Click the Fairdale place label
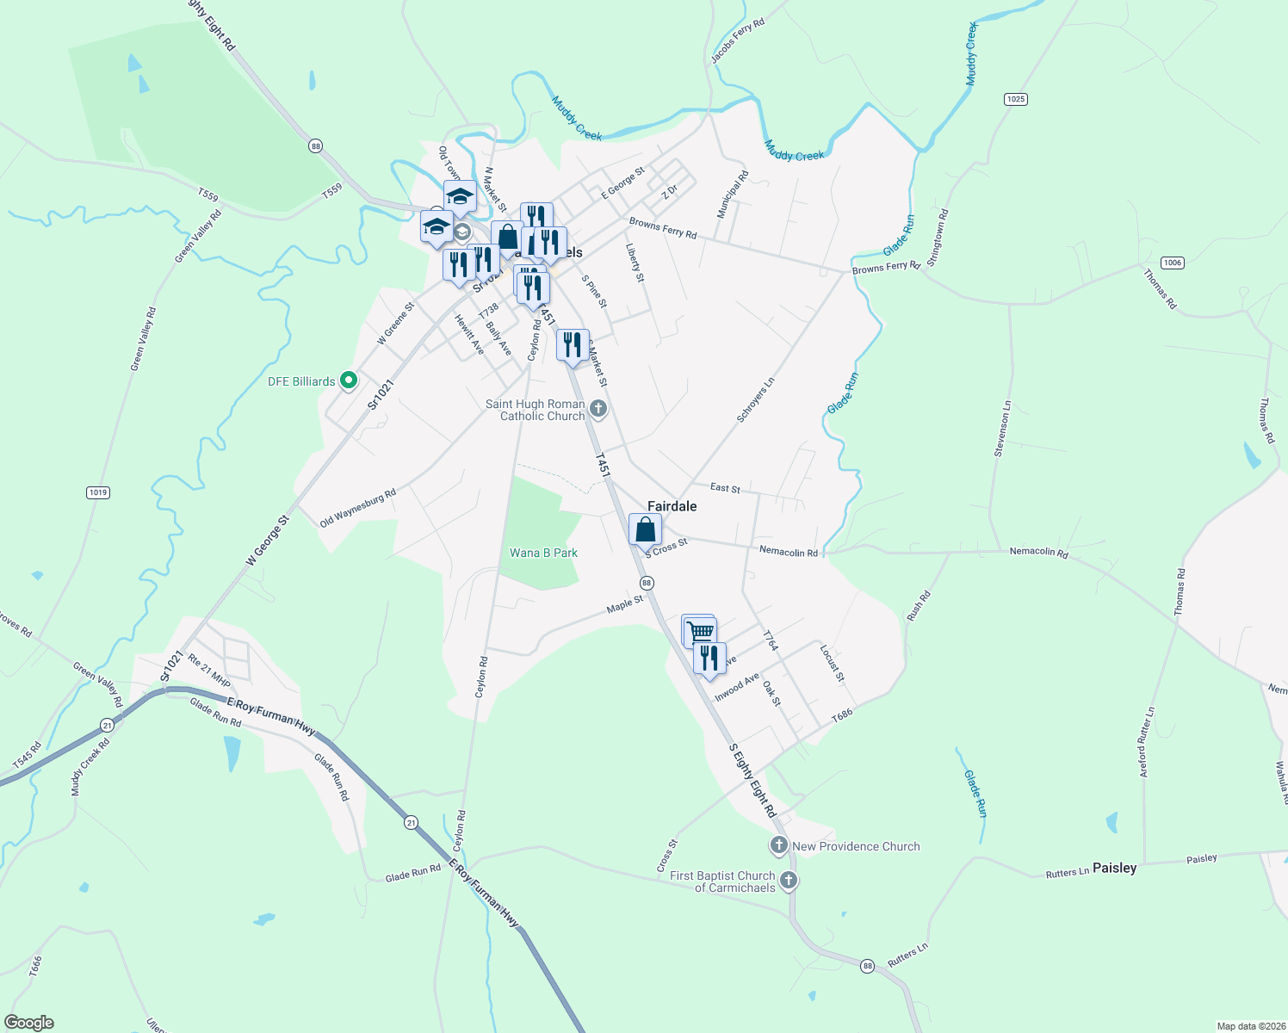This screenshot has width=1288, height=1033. coord(672,506)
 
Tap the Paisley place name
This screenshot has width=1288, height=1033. coord(1114,868)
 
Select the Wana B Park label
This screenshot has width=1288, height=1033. coord(542,553)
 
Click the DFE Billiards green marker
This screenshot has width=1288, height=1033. coord(349,380)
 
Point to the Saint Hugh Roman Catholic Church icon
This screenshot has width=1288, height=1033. coord(598,409)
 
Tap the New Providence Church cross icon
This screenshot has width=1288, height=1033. coord(779,845)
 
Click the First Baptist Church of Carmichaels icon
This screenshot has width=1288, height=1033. coord(789,881)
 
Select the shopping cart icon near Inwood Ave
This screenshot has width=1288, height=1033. coord(698,631)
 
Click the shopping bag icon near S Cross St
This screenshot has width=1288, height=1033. coord(645,530)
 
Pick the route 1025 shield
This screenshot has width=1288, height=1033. coord(1016,99)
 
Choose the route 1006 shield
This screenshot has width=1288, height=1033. coord(1172,263)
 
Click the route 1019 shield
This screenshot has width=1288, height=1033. coord(98,492)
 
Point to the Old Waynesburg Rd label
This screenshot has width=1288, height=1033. coord(357,508)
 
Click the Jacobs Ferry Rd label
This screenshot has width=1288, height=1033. coord(737,41)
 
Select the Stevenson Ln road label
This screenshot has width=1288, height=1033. coord(1003,428)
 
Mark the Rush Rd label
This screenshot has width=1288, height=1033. coord(919,606)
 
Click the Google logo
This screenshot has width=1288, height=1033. coord(29,1022)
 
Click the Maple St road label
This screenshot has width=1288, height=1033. coord(624,604)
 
